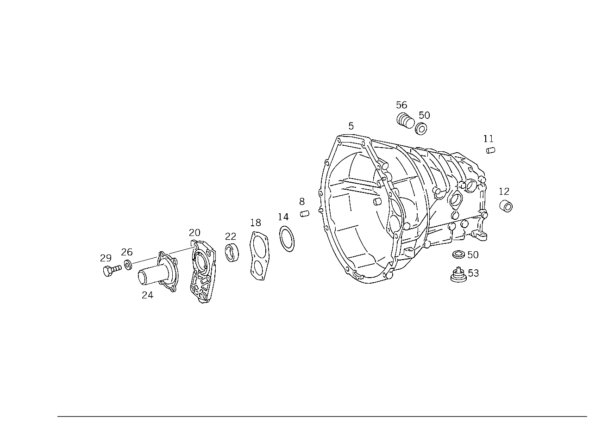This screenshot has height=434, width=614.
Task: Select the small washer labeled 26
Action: (x=128, y=265)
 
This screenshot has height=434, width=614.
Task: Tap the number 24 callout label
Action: (x=147, y=295)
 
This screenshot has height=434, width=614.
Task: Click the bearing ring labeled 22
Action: (x=232, y=252)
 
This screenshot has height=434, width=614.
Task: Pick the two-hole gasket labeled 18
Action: (x=259, y=256)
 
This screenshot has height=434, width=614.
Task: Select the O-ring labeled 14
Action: (x=287, y=239)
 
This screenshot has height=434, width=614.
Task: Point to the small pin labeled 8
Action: (x=305, y=213)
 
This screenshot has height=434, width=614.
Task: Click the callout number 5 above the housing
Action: (x=351, y=126)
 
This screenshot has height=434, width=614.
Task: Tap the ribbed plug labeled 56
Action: (x=405, y=120)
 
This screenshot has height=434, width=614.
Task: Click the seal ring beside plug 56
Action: (x=421, y=129)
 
